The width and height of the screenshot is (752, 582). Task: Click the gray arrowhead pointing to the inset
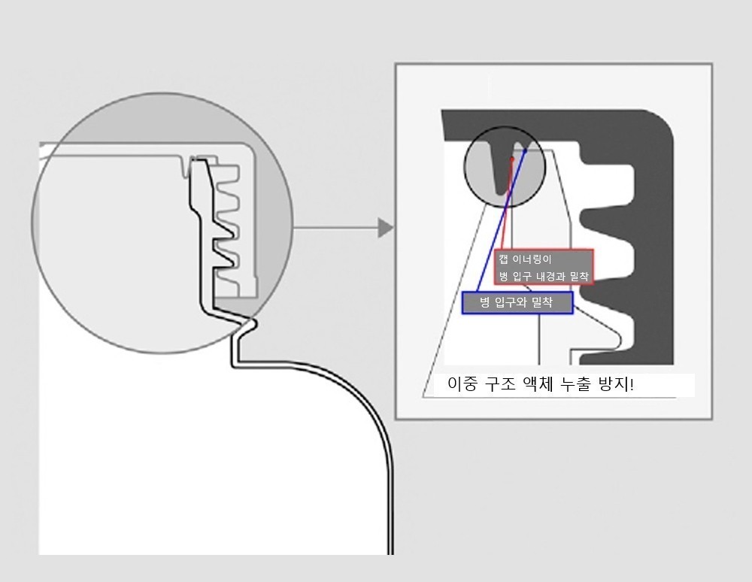[385, 228]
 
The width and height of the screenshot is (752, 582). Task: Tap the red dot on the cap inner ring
[512, 159]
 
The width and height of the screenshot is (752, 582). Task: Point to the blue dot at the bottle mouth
[525, 150]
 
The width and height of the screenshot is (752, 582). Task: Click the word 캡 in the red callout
[503, 259]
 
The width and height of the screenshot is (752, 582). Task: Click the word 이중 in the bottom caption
[462, 384]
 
